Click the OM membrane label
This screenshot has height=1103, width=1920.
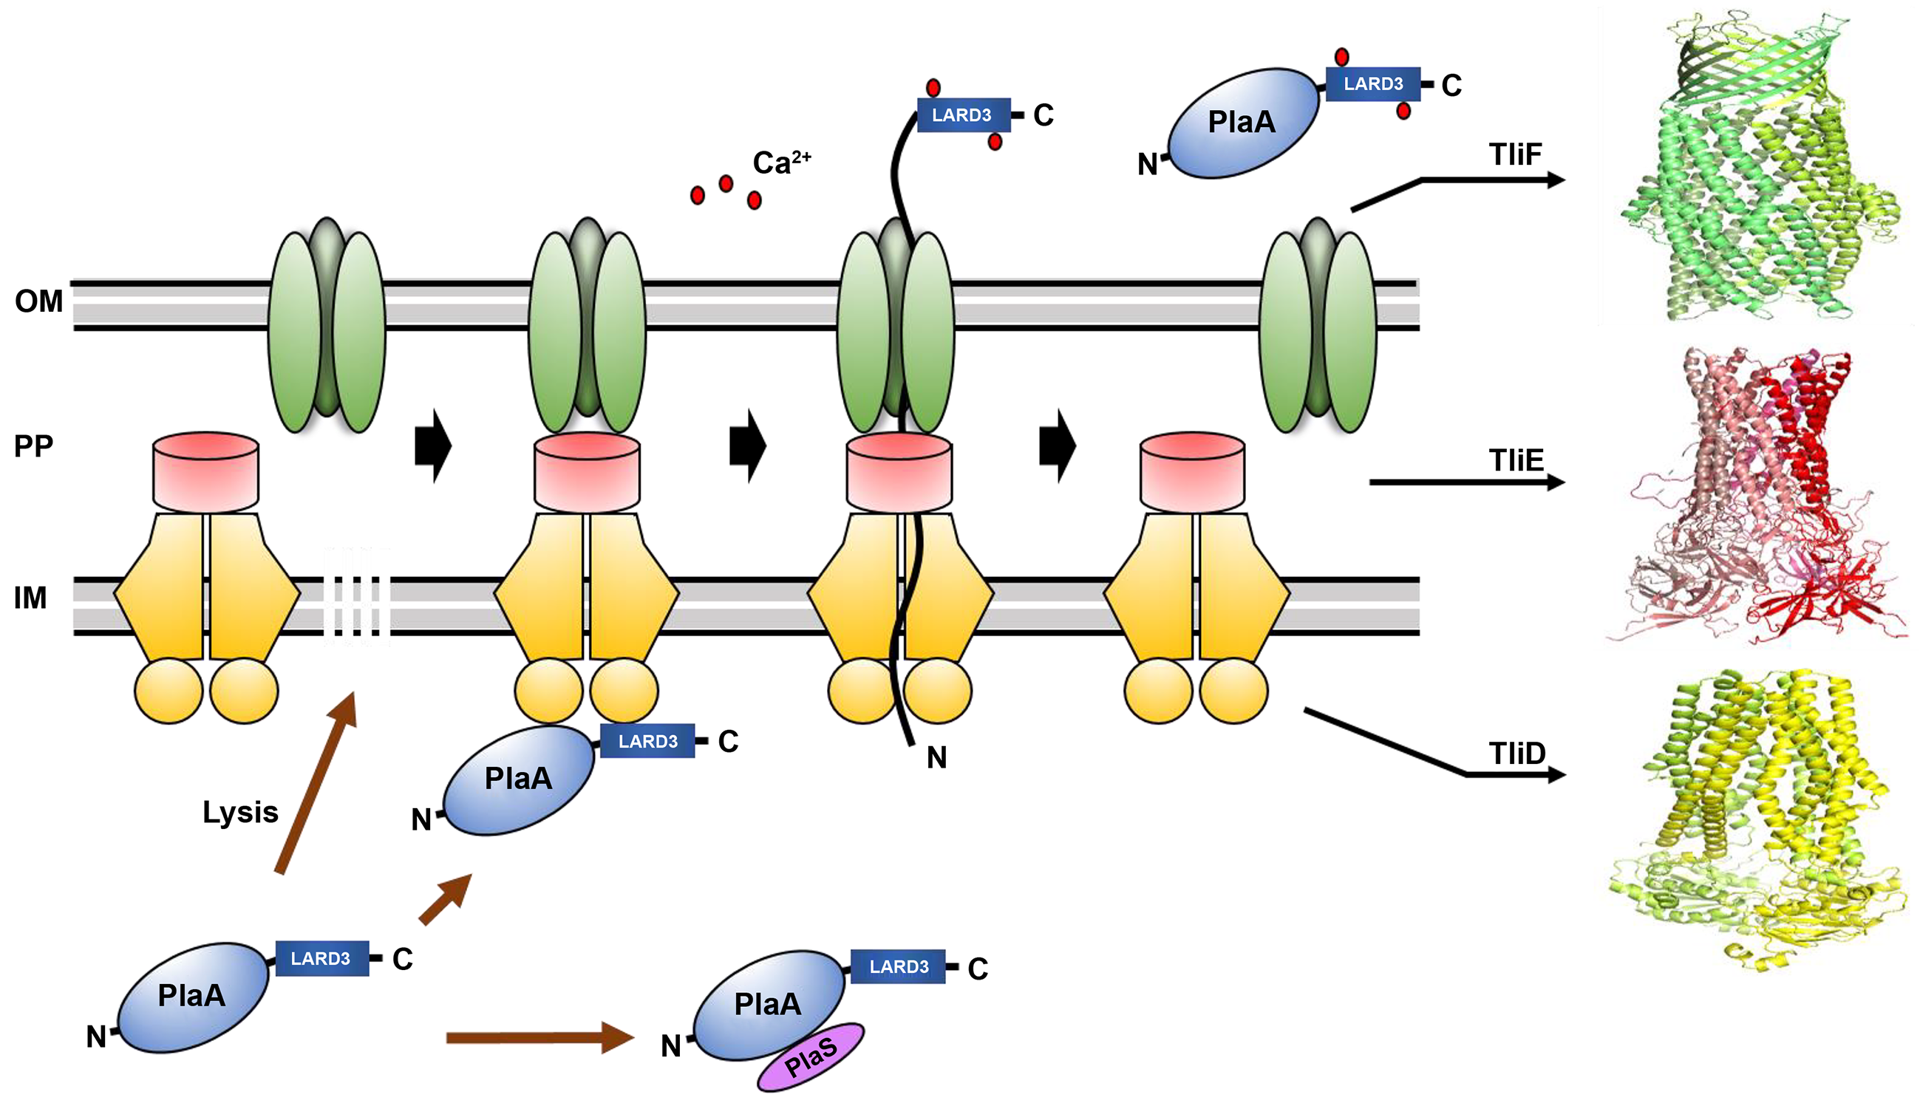(38, 301)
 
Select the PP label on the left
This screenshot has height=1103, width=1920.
(33, 446)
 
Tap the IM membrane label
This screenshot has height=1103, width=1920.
(30, 598)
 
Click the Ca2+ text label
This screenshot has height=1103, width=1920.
(780, 162)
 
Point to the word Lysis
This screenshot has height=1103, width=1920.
(240, 812)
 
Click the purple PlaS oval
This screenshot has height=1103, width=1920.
(811, 1057)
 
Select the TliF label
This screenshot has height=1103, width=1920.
(1516, 154)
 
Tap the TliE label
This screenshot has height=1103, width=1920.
(1516, 460)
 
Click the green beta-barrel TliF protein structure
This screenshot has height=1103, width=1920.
(1758, 167)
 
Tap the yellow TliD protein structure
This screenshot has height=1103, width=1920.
(1758, 818)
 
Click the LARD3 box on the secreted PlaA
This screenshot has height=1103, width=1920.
(1372, 84)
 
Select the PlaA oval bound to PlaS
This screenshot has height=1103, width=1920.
(767, 1005)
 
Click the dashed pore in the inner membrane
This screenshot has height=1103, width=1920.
(357, 598)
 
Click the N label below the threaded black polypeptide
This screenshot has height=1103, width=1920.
(936, 757)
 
